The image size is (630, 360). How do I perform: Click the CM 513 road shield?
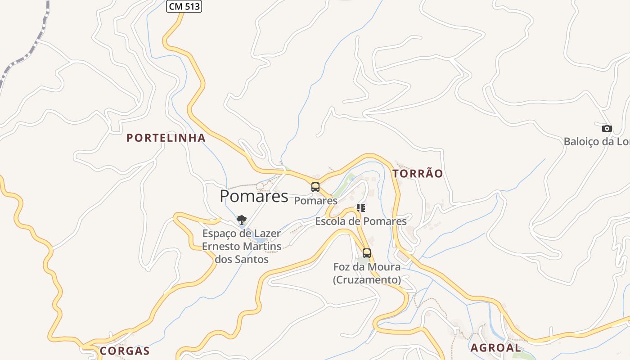tap(184, 6)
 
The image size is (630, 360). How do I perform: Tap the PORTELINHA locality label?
tap(166, 138)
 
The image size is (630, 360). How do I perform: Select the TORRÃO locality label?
tap(418, 174)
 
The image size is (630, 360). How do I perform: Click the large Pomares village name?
tap(254, 196)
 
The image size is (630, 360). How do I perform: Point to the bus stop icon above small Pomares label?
tap(315, 187)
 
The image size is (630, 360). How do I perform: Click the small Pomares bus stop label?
tap(316, 201)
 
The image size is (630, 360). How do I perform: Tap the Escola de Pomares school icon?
tap(361, 208)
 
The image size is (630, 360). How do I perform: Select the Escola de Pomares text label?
tap(361, 221)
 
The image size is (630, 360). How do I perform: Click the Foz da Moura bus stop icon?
tap(367, 253)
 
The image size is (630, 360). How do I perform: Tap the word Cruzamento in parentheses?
tap(367, 280)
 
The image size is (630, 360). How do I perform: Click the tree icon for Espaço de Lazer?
tap(242, 220)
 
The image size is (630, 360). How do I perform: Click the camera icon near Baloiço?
tap(607, 129)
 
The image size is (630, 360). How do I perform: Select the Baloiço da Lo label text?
tap(596, 142)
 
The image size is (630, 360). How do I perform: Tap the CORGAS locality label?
tap(125, 351)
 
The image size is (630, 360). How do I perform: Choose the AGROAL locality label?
tap(495, 348)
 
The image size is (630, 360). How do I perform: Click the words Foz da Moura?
tap(367, 267)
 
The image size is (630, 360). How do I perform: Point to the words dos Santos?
tap(242, 260)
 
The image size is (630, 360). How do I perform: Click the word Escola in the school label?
tap(331, 221)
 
